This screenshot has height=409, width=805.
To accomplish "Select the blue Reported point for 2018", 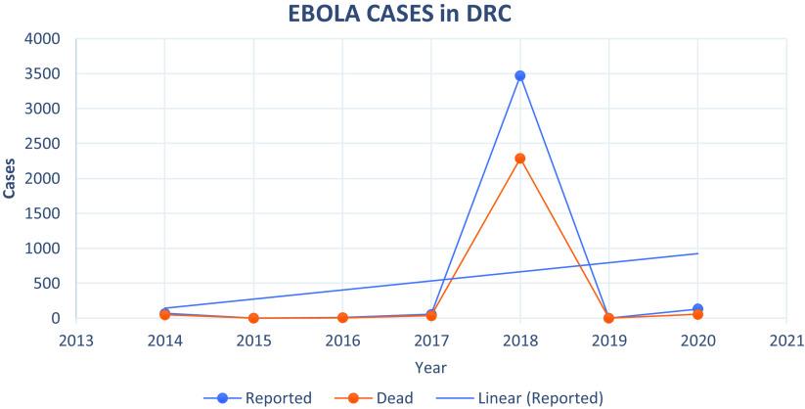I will coord(520,75).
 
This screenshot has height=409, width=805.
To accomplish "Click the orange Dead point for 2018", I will coord(520,159).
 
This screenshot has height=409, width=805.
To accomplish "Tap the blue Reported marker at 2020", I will coord(697,309).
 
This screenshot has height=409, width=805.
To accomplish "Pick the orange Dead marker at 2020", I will coord(697,314).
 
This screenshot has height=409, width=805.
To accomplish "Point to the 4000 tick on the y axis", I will coord(45,39).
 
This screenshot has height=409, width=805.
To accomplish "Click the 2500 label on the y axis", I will coord(45,144).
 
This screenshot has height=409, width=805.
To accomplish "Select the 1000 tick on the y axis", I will coord(45,249).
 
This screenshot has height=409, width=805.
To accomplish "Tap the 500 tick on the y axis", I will coord(49,284).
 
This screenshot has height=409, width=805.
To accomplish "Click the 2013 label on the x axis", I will coord(76,341).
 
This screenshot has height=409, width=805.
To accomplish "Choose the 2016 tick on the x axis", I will coord(342,341).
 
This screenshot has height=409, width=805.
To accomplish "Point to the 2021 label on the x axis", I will coord(786,341).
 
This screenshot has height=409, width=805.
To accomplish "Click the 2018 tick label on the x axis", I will coord(520,341).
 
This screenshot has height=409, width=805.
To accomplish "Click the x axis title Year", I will coord(431,367).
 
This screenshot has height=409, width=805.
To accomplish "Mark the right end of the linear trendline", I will coord(697,253).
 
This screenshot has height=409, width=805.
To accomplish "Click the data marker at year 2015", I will coord(253,318).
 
